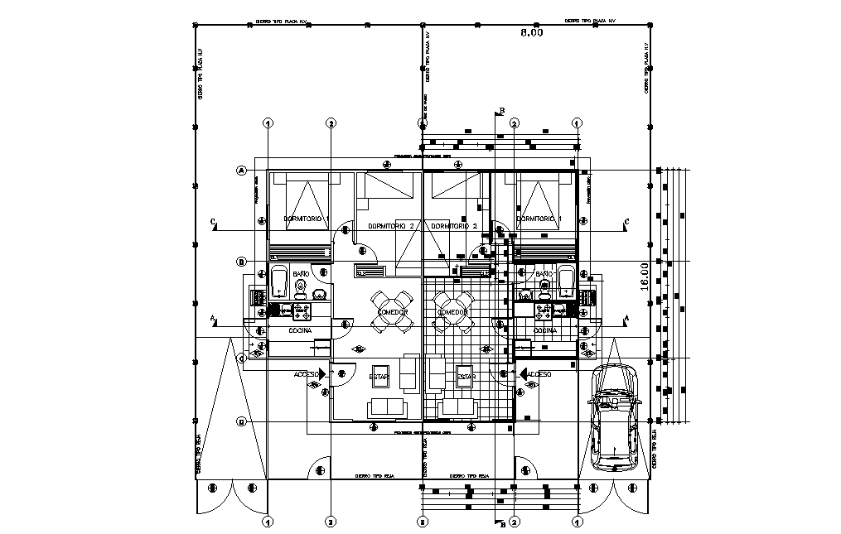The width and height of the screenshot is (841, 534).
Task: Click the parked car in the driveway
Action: click(x=614, y=416)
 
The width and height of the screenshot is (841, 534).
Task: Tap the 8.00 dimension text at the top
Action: click(x=531, y=33)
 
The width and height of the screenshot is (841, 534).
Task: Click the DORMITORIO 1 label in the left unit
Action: click(x=307, y=219)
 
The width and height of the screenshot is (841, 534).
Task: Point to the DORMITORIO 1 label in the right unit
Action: click(x=539, y=219)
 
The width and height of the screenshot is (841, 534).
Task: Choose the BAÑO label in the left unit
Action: click(x=300, y=272)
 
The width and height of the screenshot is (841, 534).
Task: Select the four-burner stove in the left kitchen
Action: click(x=300, y=310)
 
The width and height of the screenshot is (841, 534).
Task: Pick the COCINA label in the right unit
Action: click(x=545, y=330)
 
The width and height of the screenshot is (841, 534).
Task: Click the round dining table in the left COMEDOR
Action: click(x=391, y=311)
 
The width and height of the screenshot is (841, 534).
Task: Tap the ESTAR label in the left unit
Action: click(x=379, y=377)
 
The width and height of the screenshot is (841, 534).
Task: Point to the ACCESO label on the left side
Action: click(x=307, y=374)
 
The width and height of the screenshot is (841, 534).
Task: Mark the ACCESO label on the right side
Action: click(x=539, y=374)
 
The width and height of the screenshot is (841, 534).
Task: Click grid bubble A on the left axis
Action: click(x=242, y=171)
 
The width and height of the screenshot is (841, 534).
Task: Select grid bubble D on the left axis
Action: click(x=242, y=421)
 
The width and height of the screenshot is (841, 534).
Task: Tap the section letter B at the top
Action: click(x=500, y=111)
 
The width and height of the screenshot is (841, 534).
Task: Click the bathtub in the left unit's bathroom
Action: click(x=278, y=281)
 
